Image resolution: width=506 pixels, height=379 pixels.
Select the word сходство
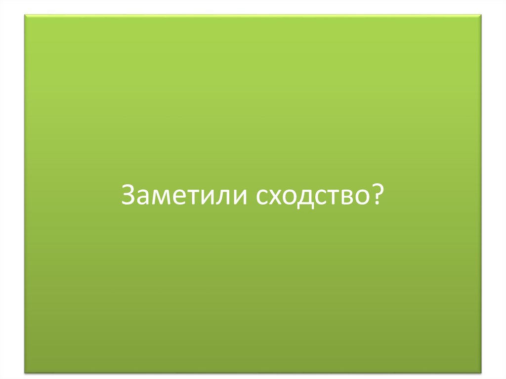(313, 196)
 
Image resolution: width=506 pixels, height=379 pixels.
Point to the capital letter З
(127, 195)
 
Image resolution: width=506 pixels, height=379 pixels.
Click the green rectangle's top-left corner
(25, 15)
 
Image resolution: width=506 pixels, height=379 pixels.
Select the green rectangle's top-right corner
(481, 15)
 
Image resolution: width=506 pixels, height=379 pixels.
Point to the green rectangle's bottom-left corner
(25, 372)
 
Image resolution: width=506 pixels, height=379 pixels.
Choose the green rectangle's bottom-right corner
(481, 372)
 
